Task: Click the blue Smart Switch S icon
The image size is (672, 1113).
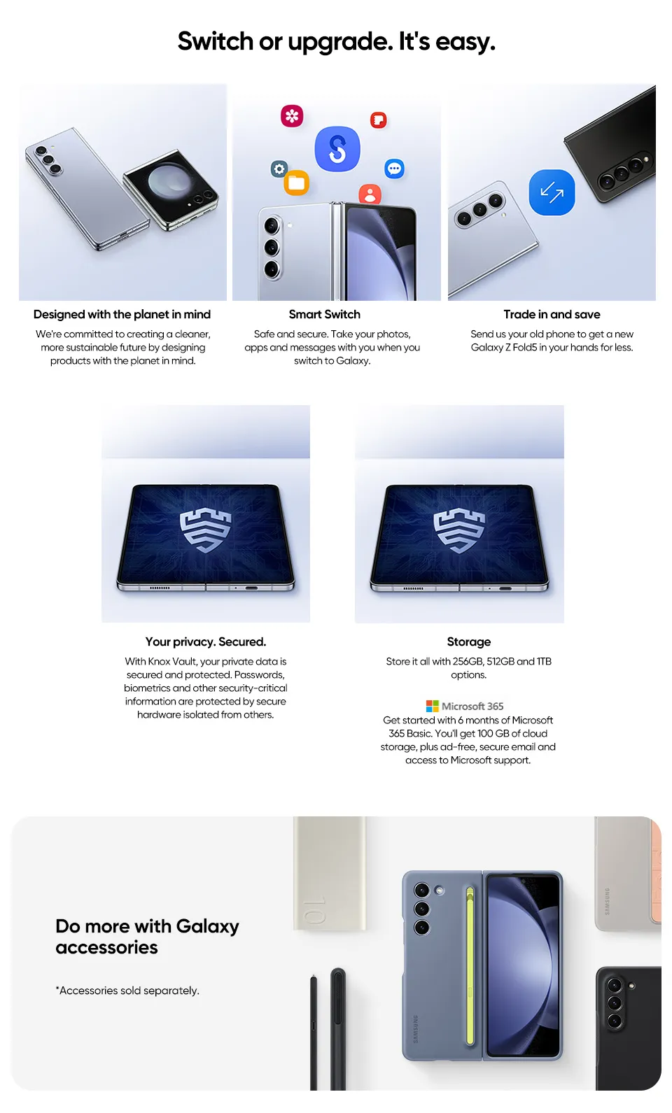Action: point(337,148)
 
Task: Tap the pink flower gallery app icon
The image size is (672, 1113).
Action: point(292,115)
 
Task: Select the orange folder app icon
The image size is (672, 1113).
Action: point(297,183)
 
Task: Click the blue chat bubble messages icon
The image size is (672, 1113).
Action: point(394,169)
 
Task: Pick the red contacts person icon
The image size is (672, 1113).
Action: point(370,194)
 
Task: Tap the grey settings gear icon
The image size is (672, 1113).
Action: point(279,169)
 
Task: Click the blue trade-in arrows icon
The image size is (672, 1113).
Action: point(552,192)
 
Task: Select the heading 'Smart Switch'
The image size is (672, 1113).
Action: point(325,314)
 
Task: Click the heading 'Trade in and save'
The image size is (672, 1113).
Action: point(552,314)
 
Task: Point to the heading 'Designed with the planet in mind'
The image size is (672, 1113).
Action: point(122,314)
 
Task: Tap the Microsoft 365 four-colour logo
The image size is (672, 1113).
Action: point(433,706)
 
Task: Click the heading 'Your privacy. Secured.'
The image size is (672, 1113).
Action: point(206,641)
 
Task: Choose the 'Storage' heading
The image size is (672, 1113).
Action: point(469,642)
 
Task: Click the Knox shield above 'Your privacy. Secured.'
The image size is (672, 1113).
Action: point(205,530)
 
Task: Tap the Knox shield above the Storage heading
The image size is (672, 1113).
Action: point(459,530)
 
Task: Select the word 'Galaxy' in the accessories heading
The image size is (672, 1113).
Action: point(207,927)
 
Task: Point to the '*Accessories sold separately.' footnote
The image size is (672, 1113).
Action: point(127,991)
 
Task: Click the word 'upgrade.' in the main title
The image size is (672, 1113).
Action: point(340,42)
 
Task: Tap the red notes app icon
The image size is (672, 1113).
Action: point(378,120)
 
